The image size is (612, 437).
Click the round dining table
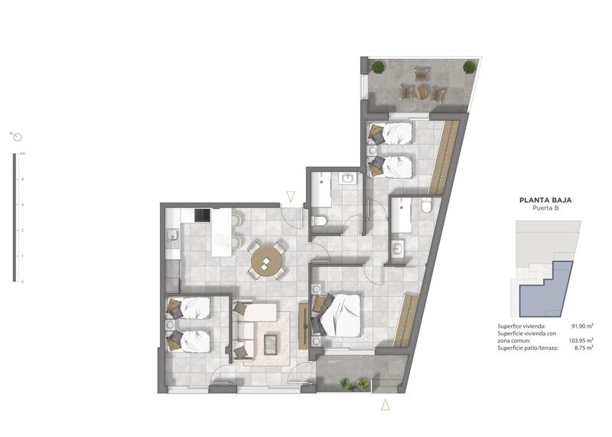(x=267, y=261)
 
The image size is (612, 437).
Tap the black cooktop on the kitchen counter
(x=202, y=215)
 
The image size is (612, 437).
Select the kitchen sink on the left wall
(x=173, y=234)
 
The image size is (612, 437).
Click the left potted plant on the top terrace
(x=378, y=67)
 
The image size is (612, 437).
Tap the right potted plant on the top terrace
(x=469, y=67)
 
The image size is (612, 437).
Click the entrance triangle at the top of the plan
(x=291, y=197)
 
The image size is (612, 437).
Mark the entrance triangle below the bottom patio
(x=386, y=405)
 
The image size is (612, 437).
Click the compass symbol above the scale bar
(x=17, y=137)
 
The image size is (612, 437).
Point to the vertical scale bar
(x=14, y=217)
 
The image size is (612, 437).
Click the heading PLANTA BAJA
(x=545, y=201)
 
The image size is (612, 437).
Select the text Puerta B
(x=545, y=209)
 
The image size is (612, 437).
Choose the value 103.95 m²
(x=581, y=341)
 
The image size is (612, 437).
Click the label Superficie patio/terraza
(x=528, y=348)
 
